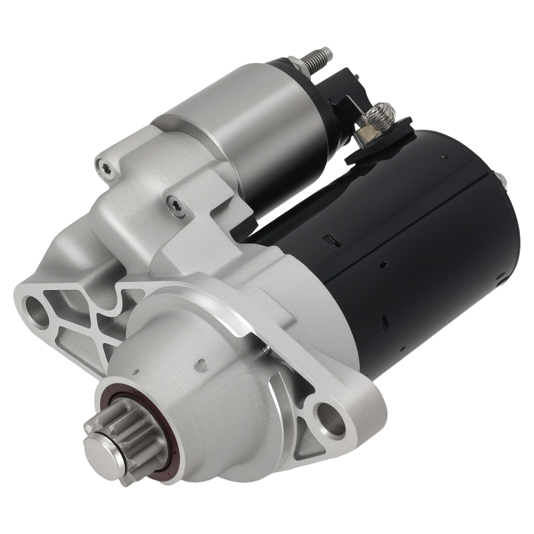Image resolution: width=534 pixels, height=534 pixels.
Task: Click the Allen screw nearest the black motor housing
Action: [x=176, y=205]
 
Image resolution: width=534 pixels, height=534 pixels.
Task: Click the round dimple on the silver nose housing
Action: [x=201, y=365]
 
